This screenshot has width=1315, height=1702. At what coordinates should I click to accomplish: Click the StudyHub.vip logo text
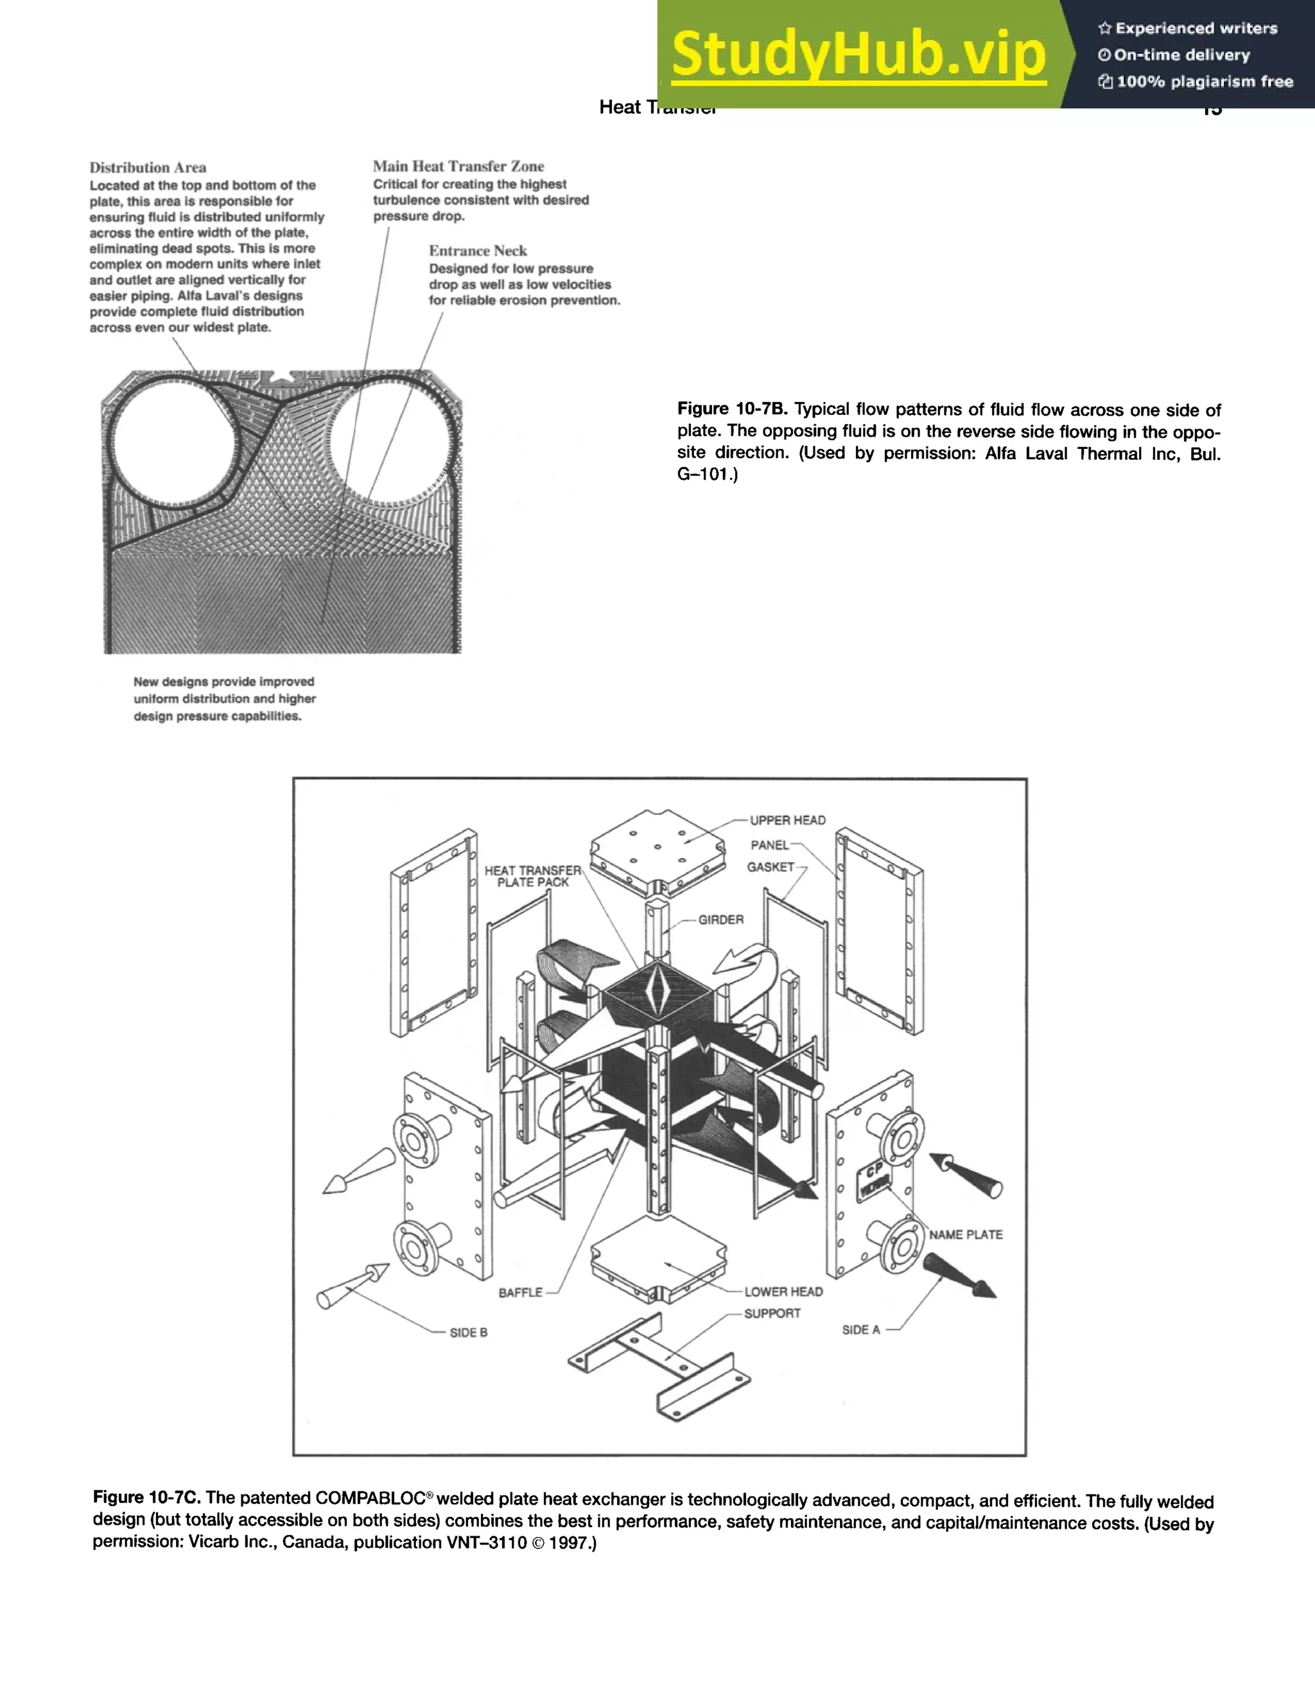pyautogui.click(x=858, y=55)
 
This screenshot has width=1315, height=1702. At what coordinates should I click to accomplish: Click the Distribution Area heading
pyautogui.click(x=148, y=168)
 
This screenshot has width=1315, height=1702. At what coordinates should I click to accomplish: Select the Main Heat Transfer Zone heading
pyautogui.click(x=458, y=166)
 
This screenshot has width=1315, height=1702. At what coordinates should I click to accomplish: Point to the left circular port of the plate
pyautogui.click(x=175, y=443)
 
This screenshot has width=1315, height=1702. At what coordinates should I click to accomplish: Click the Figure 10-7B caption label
pyautogui.click(x=732, y=409)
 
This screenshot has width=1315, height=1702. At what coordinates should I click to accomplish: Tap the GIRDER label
pyautogui.click(x=720, y=920)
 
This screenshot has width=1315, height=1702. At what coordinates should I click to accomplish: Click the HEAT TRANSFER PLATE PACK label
pyautogui.click(x=533, y=876)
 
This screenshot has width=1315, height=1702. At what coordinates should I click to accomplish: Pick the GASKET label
pyautogui.click(x=771, y=866)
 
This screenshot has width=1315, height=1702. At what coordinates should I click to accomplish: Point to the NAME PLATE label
pyautogui.click(x=965, y=1234)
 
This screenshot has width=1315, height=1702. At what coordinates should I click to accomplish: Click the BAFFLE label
pyautogui.click(x=520, y=1292)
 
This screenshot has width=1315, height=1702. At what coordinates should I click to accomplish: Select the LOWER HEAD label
pyautogui.click(x=783, y=1292)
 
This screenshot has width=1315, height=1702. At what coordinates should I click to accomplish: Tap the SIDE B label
pyautogui.click(x=468, y=1333)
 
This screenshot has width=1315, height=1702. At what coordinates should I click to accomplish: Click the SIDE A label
pyautogui.click(x=861, y=1329)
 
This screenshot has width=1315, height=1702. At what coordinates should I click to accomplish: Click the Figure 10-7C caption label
pyautogui.click(x=146, y=1498)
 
